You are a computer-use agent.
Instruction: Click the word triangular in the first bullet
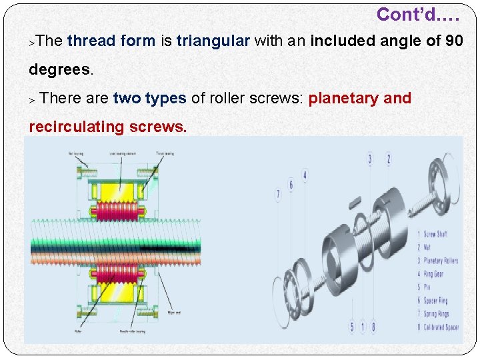pos(213,41)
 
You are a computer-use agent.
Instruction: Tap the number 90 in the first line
pos(454,41)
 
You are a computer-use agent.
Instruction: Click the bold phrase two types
pos(149,99)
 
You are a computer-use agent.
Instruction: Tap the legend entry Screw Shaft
pos(435,234)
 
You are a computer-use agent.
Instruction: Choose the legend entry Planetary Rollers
pos(441,261)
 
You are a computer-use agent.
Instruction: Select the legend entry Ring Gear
pos(433,274)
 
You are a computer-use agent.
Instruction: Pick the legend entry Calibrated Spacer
pos(441,327)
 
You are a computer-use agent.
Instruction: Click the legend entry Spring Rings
pos(436,314)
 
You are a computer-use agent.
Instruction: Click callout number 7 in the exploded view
pos(278,195)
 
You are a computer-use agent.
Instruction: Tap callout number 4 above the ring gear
pos(305,176)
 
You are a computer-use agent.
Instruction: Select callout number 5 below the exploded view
pos(352,327)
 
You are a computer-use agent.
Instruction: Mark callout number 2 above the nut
pos(389,159)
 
